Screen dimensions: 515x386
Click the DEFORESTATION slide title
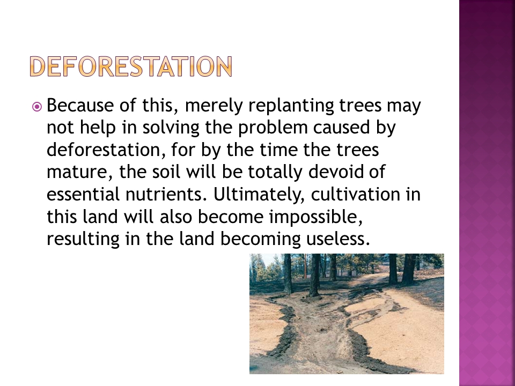click(131, 66)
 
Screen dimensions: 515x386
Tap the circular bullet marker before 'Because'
click(37, 107)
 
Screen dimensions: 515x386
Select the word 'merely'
click(214, 106)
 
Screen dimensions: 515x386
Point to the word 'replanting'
click(291, 106)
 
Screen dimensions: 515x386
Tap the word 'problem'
click(273, 128)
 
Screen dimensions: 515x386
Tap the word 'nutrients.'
click(166, 194)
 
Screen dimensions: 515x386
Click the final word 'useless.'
click(338, 239)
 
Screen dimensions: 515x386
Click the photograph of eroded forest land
click(347, 314)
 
